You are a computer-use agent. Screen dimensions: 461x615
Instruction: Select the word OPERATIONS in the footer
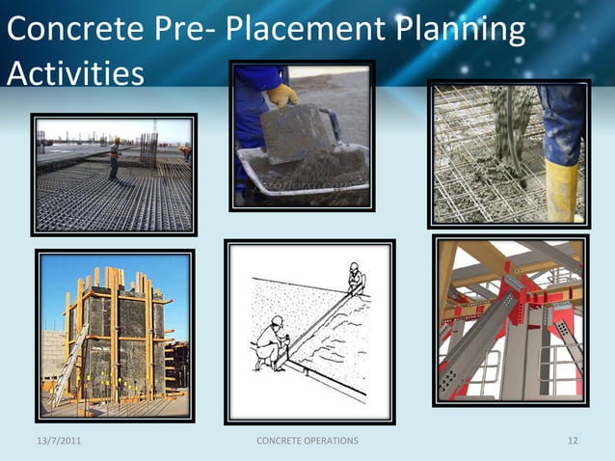pyautogui.click(x=327, y=441)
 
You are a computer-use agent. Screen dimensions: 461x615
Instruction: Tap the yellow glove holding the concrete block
pyautogui.click(x=281, y=95)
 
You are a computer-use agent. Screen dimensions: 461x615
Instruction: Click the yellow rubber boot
pyautogui.click(x=561, y=189)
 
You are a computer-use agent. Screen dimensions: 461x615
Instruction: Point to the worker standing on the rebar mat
pyautogui.click(x=115, y=158)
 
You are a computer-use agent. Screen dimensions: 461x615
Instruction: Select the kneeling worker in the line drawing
pyautogui.click(x=269, y=341)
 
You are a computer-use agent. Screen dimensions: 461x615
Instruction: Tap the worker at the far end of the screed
pyautogui.click(x=355, y=280)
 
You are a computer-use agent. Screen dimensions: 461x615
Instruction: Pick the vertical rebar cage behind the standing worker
pyautogui.click(x=148, y=149)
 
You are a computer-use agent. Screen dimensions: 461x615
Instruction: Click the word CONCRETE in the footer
pyautogui.click(x=279, y=441)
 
